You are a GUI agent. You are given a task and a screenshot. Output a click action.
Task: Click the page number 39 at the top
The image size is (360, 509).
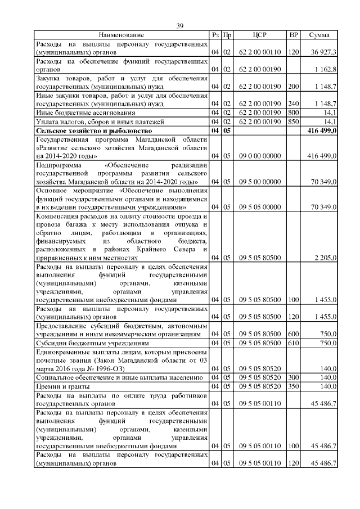(x=180, y=26)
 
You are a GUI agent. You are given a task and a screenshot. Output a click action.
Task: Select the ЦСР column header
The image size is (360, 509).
(x=260, y=35)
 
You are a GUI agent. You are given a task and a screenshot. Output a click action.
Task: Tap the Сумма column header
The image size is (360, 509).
(x=319, y=35)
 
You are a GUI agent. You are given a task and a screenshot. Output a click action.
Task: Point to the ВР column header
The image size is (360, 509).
(x=293, y=35)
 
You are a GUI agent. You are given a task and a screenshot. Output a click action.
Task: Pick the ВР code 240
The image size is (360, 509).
(x=292, y=104)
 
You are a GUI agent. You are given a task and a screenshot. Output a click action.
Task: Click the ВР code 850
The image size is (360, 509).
(x=292, y=121)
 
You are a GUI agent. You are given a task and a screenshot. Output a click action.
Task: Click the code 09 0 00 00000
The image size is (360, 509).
(x=260, y=156)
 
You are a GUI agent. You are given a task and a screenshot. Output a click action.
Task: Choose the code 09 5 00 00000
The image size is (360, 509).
(x=260, y=182)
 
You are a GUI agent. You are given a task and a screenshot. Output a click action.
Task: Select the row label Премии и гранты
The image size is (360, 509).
(x=62, y=386)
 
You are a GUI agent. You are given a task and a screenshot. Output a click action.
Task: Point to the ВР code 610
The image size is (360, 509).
(x=292, y=343)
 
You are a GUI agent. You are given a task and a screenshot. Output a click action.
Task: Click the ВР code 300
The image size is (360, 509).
(x=292, y=377)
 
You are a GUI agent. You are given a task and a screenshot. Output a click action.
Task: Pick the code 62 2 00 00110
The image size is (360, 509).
(x=260, y=52)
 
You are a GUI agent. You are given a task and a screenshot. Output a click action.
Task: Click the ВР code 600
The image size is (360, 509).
(x=292, y=334)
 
